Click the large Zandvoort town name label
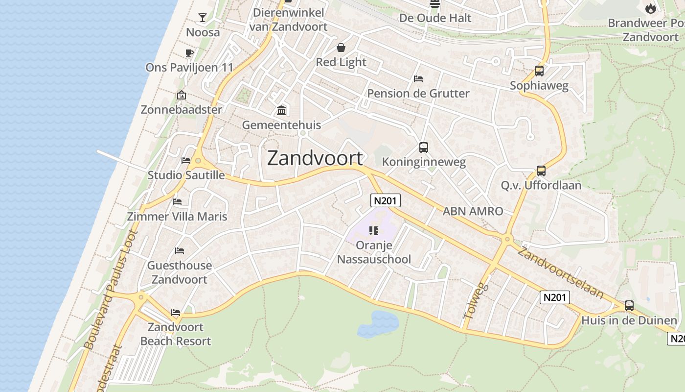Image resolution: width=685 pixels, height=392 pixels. [316, 158]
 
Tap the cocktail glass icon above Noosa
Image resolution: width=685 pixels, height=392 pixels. [202, 18]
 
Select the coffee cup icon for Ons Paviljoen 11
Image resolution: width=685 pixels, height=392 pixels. [189, 53]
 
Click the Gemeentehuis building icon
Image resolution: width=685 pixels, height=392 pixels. [281, 110]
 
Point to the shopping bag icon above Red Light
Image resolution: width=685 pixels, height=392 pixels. [341, 48]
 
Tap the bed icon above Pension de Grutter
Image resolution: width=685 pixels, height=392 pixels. [418, 78]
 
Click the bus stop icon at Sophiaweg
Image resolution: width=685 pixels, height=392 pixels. [539, 71]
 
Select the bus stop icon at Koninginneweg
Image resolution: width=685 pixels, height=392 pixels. [424, 147]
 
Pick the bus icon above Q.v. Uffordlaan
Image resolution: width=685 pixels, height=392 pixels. [541, 171]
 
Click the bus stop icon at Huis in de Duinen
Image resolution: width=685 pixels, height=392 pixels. [629, 306]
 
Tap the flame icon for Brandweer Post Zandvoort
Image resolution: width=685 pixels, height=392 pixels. [650, 8]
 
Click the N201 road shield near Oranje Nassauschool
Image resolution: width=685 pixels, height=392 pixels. [386, 200]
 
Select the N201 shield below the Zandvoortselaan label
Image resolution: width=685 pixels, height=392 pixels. [555, 297]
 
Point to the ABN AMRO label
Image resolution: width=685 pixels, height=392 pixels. [473, 211]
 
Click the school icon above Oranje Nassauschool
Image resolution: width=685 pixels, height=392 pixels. [374, 230]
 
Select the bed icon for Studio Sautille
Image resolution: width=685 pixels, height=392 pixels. [185, 160]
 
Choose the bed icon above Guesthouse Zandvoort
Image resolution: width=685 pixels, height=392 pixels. [180, 251]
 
